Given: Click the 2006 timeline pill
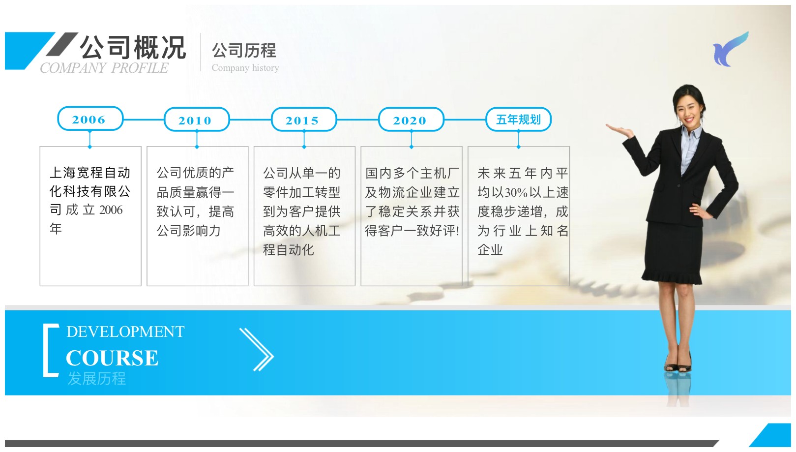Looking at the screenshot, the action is tap(90, 119).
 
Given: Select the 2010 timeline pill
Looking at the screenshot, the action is tap(197, 120).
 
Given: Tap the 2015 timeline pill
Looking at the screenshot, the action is tap(304, 120).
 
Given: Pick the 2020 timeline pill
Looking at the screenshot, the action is tap(411, 120).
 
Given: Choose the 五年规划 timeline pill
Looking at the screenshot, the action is tap(519, 120).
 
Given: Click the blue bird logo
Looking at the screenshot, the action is tap(730, 49).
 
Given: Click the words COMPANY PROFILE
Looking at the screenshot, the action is tap(104, 68).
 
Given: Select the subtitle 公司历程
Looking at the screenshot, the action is tap(244, 50).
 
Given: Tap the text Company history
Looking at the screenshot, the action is tap(245, 67).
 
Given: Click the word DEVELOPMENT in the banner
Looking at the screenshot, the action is tap(125, 332).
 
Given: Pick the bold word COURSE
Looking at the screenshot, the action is tap(112, 358).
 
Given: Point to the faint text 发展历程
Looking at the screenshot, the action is tap(97, 378).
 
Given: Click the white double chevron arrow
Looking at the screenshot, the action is tap(257, 350).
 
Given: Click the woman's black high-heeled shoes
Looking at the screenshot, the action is tap(678, 363).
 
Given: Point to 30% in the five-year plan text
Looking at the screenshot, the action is tap(516, 193).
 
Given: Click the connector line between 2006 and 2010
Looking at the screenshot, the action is tap(144, 120).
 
